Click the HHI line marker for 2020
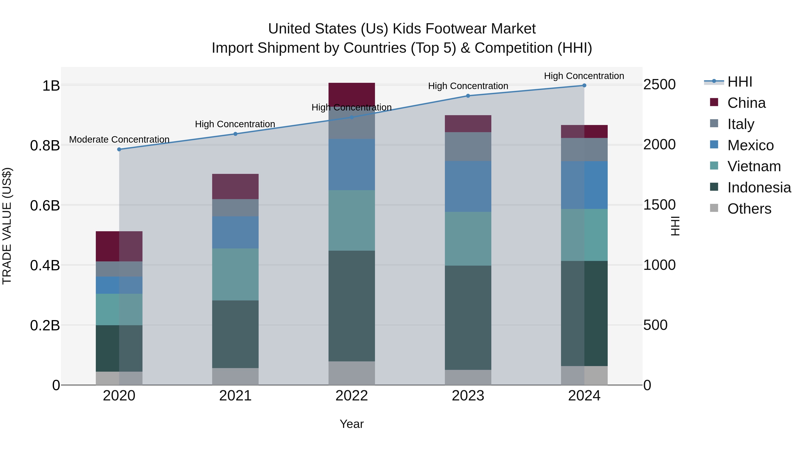tap(119, 149)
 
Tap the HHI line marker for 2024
tap(584, 85)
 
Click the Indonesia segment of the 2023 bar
tap(468, 318)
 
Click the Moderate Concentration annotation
tap(119, 140)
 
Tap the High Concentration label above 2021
tap(235, 124)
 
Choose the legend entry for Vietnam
tap(754, 166)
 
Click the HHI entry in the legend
tap(739, 82)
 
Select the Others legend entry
tap(749, 209)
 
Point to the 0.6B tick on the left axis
tap(45, 206)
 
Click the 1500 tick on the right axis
tap(659, 205)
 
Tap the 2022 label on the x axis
tap(352, 396)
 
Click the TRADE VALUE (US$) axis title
tap(7, 226)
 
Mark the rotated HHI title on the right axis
tap(675, 226)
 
